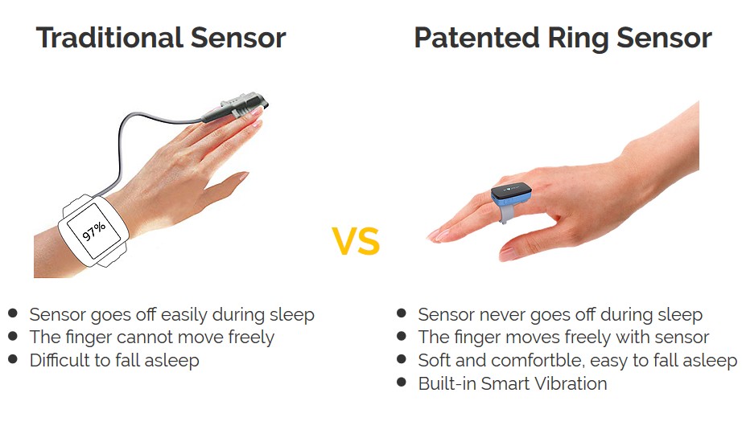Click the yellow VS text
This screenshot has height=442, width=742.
tap(356, 241)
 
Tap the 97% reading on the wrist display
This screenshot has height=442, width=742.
tap(93, 230)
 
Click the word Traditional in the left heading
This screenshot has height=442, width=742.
tap(109, 37)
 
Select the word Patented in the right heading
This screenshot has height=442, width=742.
tap(476, 37)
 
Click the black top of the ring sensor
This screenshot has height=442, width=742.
tap(511, 190)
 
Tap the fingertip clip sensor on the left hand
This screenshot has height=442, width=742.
tap(237, 106)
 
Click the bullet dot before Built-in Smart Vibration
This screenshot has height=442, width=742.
tap(402, 382)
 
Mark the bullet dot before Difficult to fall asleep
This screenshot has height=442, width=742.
tap(13, 358)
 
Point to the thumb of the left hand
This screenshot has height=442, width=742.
tap(222, 189)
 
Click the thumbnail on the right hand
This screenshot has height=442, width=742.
tap(509, 254)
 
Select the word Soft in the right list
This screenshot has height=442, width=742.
tap(435, 360)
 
